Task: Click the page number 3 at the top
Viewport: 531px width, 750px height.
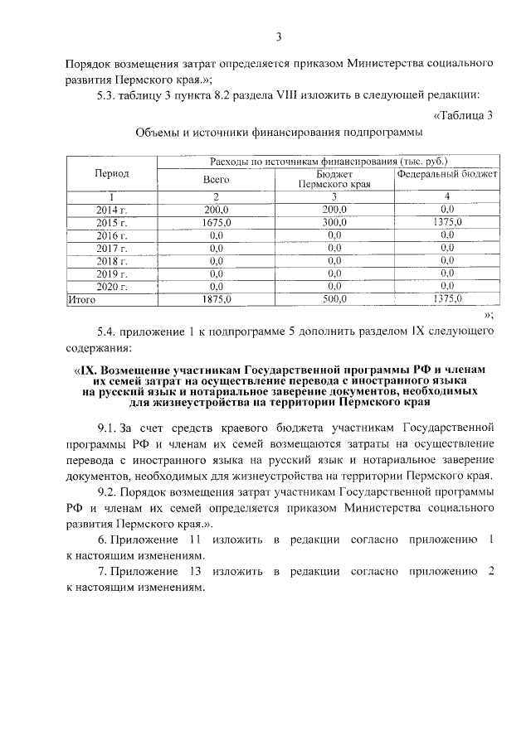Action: pyautogui.click(x=280, y=36)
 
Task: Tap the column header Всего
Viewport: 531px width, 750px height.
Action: pyautogui.click(x=216, y=179)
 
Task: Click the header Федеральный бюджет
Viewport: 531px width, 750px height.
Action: pyautogui.click(x=447, y=175)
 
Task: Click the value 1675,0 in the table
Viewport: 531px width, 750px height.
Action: pyautogui.click(x=216, y=222)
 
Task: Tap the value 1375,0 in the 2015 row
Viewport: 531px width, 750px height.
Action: pyautogui.click(x=447, y=222)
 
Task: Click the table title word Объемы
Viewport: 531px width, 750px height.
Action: pyautogui.click(x=158, y=132)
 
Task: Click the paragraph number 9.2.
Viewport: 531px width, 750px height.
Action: pyautogui.click(x=108, y=491)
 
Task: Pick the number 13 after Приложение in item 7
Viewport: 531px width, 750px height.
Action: pyautogui.click(x=197, y=572)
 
